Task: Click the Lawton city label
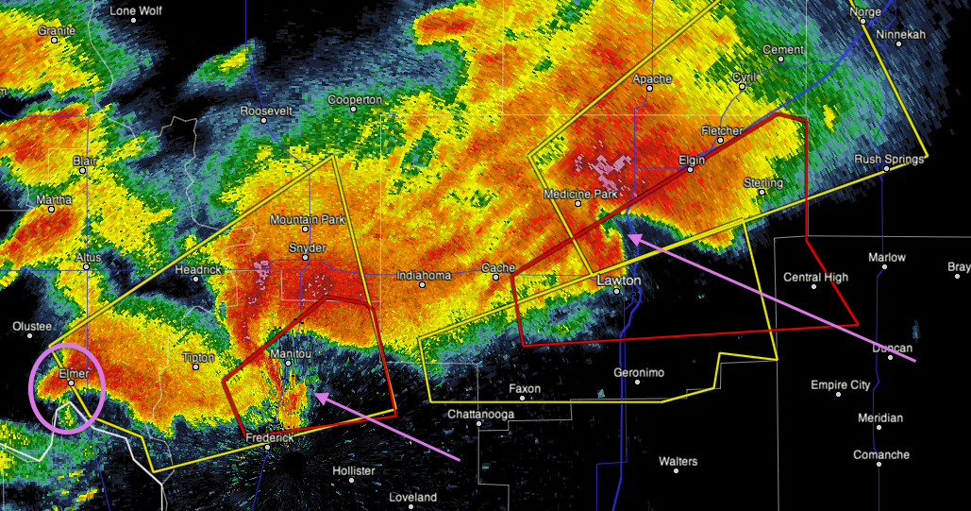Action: pyautogui.click(x=619, y=281)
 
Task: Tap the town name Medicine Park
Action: pyautogui.click(x=579, y=194)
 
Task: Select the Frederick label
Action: pyautogui.click(x=271, y=438)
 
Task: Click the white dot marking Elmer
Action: pyautogui.click(x=71, y=383)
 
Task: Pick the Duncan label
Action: pyautogui.click(x=892, y=348)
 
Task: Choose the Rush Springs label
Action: pyautogui.click(x=889, y=159)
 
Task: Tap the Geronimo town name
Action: pyautogui.click(x=639, y=372)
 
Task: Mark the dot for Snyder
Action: pyautogui.click(x=309, y=258)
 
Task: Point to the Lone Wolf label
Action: pyautogui.click(x=137, y=11)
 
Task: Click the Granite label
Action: pyautogui.click(x=57, y=31)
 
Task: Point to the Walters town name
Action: pyautogui.click(x=678, y=461)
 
